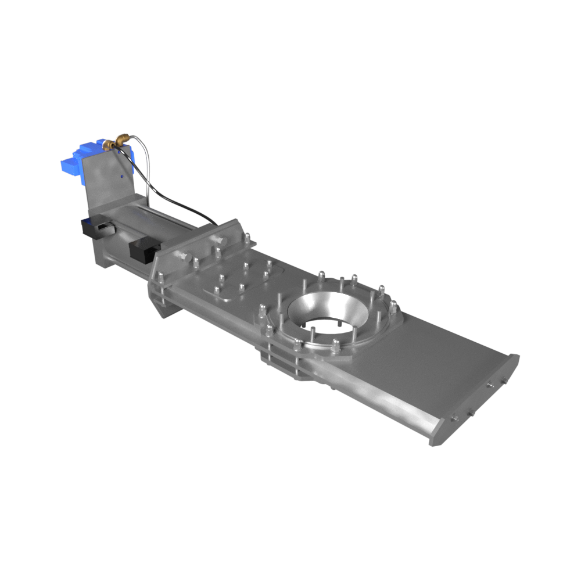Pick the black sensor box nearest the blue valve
[96, 228]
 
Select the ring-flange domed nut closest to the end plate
[393, 307]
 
